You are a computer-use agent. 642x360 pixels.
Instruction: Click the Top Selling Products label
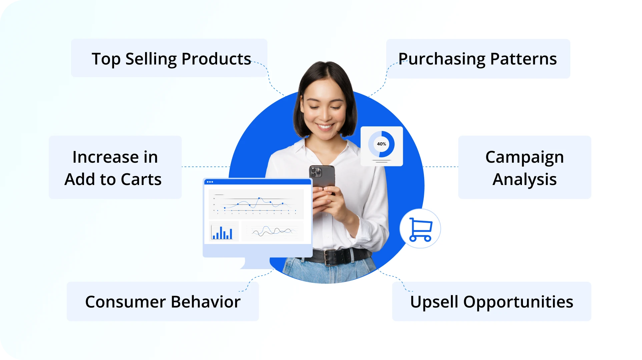click(x=171, y=59)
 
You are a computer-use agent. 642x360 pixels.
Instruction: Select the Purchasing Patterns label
click(x=478, y=59)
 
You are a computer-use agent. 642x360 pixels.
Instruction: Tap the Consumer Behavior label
click(x=163, y=302)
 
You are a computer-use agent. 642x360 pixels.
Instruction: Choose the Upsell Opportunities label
click(x=492, y=302)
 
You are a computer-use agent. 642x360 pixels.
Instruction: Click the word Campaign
click(x=525, y=157)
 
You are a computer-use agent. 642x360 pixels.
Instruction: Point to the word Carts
click(x=141, y=179)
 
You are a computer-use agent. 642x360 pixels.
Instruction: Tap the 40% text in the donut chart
click(x=382, y=144)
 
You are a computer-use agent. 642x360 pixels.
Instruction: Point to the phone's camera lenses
click(x=315, y=172)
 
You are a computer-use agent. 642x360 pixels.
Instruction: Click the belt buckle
click(x=331, y=257)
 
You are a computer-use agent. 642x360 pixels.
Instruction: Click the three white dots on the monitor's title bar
click(x=210, y=182)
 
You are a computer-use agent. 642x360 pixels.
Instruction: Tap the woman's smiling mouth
click(x=325, y=127)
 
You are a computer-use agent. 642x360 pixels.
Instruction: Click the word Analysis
click(x=525, y=180)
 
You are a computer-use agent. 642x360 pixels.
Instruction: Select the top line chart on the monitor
click(x=256, y=204)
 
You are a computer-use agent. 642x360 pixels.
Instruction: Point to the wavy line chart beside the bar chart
click(x=273, y=231)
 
